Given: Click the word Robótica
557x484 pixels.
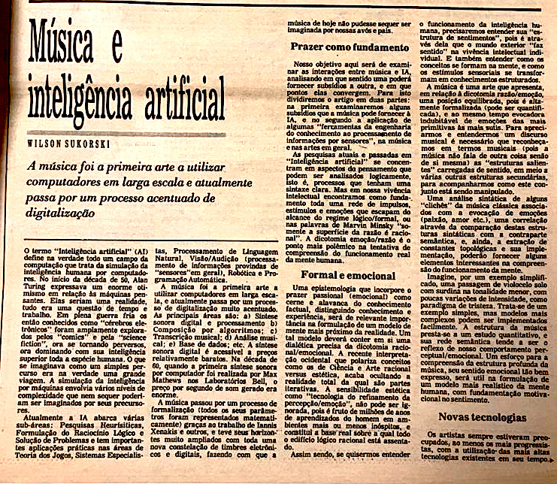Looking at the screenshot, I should click(223, 275).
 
